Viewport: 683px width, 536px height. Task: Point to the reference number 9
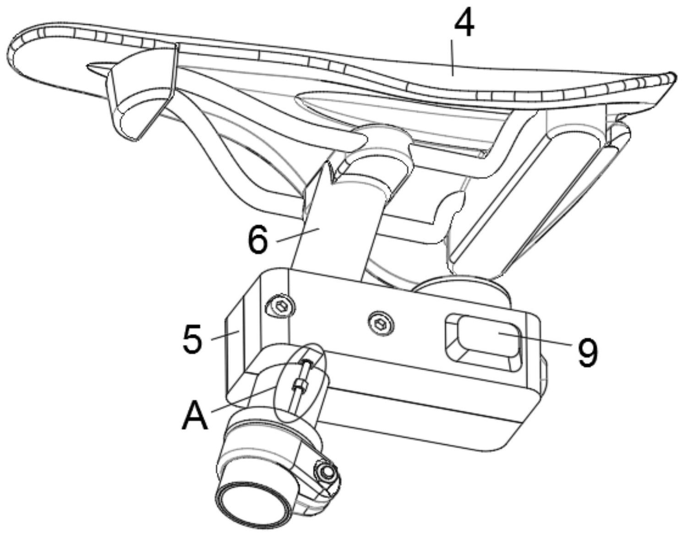(x=587, y=352)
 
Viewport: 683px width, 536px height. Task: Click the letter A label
(x=195, y=416)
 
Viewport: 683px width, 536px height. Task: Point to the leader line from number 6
(x=298, y=235)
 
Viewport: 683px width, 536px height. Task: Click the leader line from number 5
(x=225, y=335)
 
